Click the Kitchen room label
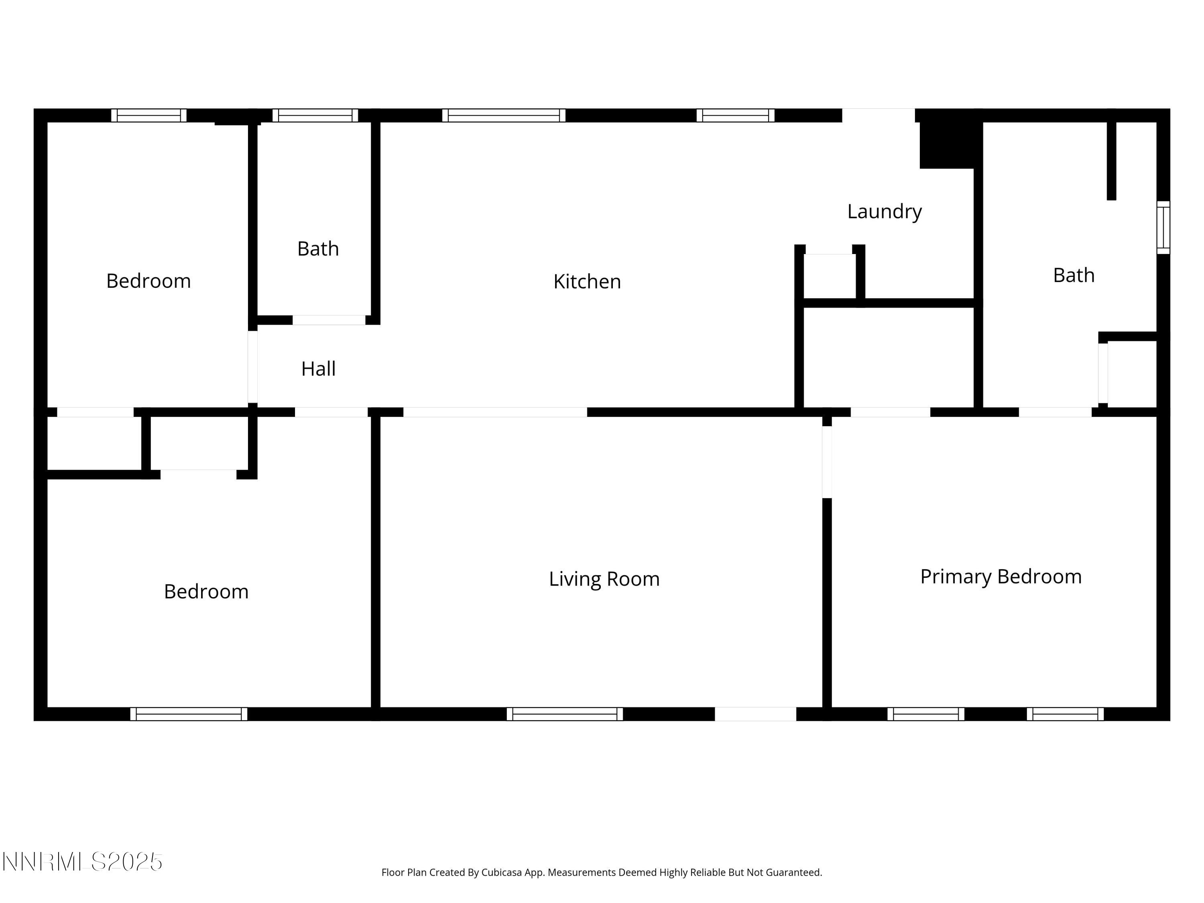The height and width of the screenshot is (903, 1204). coord(587,281)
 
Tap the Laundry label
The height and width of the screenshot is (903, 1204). coord(884,211)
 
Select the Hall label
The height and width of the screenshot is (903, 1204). coord(318,369)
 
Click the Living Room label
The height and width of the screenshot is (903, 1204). coord(604,579)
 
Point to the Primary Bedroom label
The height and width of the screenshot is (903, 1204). coord(1001,576)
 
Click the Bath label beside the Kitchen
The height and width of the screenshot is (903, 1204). coord(318,249)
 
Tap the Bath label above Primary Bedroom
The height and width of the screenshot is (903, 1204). coord(1074,275)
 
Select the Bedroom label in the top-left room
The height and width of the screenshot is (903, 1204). coord(148,281)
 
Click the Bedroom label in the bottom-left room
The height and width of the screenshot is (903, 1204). coord(206,592)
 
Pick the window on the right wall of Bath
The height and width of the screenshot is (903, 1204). coord(1163,228)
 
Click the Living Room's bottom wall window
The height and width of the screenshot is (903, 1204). coord(564,714)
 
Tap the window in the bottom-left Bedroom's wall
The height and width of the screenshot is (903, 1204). coord(188,714)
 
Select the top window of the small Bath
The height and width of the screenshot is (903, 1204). coord(315,116)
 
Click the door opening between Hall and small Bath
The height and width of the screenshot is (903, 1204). coord(329,320)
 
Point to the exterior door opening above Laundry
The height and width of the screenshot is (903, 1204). coord(878,116)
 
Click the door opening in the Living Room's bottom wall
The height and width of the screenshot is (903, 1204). coord(755,714)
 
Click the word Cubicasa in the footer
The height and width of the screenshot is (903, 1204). coord(501,872)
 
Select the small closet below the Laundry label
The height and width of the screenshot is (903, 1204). coord(830,277)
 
